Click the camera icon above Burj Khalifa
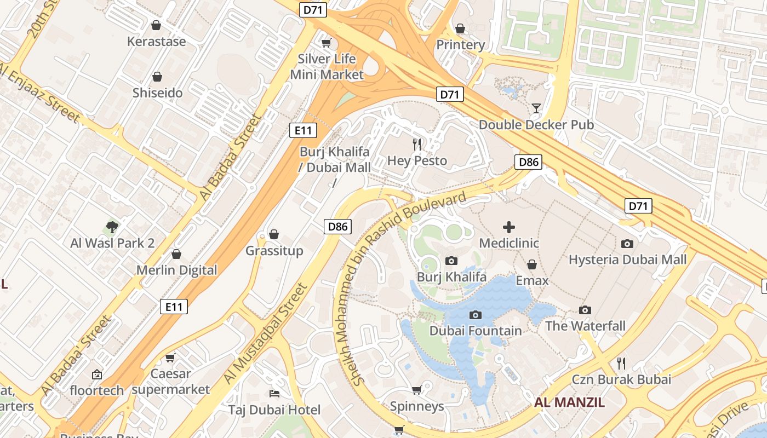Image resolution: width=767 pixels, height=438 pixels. [x=451, y=261]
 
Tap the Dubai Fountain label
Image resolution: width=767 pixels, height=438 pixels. [x=476, y=331]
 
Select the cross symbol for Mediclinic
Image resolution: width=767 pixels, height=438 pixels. [x=509, y=227]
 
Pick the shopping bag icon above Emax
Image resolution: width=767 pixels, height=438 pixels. [x=531, y=265]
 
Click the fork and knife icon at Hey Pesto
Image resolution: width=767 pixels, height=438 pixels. [x=417, y=145]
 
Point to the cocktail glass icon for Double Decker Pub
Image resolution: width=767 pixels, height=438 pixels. [x=536, y=108]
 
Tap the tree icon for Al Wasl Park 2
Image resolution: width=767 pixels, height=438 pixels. [x=112, y=227]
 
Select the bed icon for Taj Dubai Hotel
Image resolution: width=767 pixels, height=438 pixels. [x=274, y=394]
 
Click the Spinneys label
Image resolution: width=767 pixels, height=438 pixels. [x=417, y=406]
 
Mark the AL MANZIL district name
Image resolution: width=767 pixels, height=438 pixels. [x=570, y=403]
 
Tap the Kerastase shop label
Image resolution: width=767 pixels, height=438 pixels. [x=156, y=42]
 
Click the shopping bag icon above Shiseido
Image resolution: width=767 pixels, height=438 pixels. [x=157, y=77]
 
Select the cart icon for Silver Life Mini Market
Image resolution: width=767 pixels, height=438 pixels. [x=327, y=43]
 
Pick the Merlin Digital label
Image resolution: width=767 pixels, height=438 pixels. [x=176, y=270]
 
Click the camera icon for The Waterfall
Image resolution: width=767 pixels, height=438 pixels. [x=585, y=310]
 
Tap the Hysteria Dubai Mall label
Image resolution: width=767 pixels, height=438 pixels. [x=627, y=260]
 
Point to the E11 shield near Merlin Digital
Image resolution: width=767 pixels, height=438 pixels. [x=174, y=307]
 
